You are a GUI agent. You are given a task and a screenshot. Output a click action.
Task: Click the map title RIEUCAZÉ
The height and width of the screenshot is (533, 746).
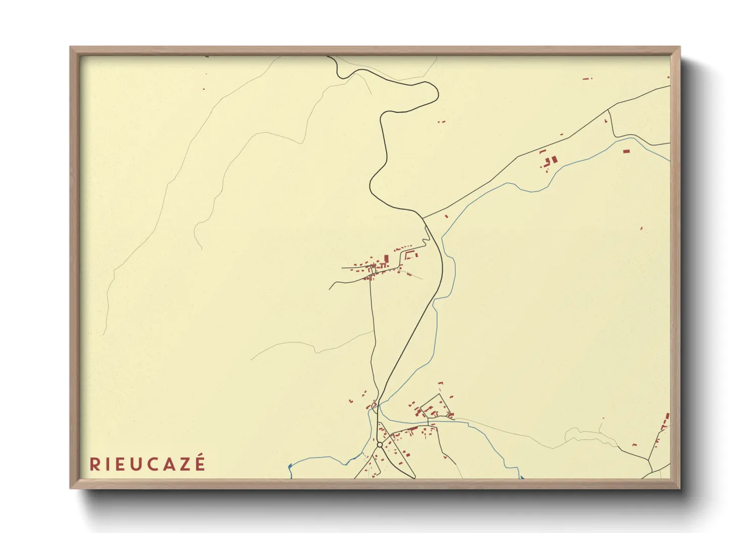pos(148,463)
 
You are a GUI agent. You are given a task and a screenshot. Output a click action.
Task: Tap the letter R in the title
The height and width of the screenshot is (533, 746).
pos(94,464)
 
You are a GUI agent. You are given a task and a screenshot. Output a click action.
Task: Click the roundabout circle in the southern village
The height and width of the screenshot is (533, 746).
pos(380,445)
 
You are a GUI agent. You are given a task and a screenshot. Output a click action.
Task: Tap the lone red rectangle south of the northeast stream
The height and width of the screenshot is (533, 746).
pos(626,151)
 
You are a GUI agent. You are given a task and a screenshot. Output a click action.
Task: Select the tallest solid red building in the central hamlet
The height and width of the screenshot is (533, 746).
pos(386,259)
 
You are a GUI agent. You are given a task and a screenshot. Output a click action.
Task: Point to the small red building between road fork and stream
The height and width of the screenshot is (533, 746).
pos(446,217)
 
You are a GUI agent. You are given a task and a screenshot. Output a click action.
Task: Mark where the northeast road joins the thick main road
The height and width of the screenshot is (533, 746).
pos(422,218)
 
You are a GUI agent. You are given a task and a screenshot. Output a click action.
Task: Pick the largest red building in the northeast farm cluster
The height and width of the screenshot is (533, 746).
pos(554,159)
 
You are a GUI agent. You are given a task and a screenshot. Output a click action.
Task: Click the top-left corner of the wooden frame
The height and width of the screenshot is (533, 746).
pos(71,47)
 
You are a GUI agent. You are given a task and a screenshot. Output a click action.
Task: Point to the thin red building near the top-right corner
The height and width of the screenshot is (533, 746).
pos(586,79)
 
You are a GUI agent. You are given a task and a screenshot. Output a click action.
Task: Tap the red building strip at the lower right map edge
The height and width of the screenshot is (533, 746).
pos(667,418)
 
